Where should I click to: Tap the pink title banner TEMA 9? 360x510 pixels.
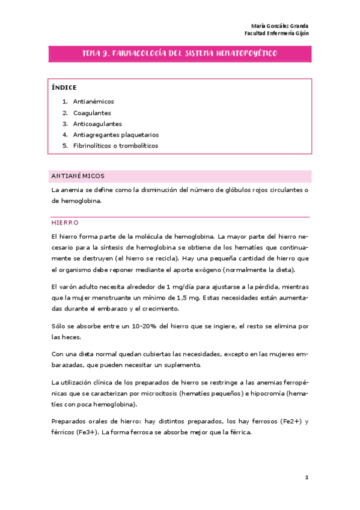(x=180, y=54)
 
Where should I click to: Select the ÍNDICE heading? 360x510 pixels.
(x=64, y=87)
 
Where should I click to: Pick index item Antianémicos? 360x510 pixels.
(x=93, y=102)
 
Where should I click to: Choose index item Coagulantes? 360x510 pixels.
(x=92, y=112)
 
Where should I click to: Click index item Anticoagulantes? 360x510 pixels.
(x=97, y=123)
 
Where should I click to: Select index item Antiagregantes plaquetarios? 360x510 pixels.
(x=115, y=135)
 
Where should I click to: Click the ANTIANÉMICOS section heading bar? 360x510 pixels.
(x=180, y=176)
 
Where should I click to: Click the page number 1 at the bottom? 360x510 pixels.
(x=306, y=478)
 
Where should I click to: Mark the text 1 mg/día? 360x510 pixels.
(x=160, y=286)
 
